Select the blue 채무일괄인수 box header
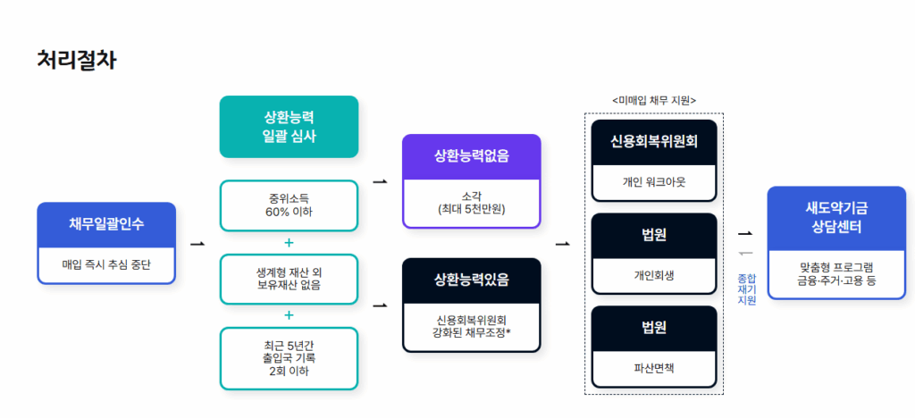point(106,223)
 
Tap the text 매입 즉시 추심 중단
point(106,264)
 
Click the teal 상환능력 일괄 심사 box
point(289,127)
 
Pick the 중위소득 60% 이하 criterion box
point(289,205)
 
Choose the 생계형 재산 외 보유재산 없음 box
point(289,279)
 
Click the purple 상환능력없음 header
point(471,155)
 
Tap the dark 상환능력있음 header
point(471,279)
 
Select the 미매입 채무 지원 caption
point(654,100)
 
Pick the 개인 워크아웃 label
point(654,182)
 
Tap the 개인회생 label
point(654,275)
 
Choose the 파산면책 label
point(654,367)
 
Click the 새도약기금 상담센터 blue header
point(836,217)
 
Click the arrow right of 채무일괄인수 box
point(197,242)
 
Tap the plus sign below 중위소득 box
point(289,242)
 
